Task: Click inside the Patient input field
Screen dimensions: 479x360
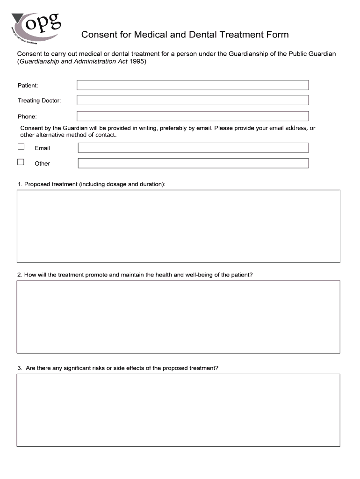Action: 192,85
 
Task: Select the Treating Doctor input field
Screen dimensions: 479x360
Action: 192,100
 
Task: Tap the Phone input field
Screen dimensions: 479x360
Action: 192,116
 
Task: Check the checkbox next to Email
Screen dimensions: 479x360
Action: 21,147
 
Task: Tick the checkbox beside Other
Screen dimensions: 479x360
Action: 21,162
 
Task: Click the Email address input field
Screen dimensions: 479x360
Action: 193,148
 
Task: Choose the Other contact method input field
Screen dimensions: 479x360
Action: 193,163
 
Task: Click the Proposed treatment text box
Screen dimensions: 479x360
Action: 178,226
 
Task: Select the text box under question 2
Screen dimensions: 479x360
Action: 178,317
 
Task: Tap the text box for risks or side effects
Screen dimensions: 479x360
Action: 178,410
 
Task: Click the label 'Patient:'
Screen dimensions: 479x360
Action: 28,86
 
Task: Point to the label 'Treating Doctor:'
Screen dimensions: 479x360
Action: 39,101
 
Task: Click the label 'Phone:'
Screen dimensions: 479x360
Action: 27,116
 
